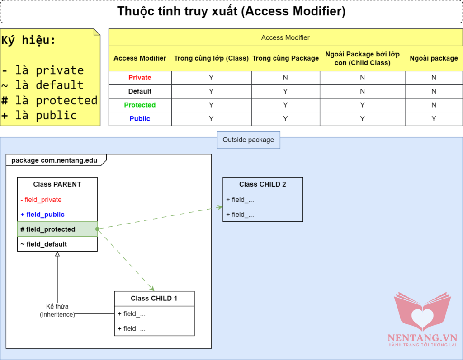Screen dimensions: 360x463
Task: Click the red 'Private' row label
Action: [x=140, y=78]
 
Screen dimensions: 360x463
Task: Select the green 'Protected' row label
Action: [x=140, y=105]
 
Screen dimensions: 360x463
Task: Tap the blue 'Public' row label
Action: [x=140, y=118]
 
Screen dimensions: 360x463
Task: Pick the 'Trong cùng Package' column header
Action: [x=285, y=58]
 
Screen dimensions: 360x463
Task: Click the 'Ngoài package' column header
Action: [x=434, y=58]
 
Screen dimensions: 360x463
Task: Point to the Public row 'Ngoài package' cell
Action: [x=434, y=118]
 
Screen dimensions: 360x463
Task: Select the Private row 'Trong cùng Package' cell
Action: [x=285, y=78]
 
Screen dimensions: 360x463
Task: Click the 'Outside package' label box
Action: [x=248, y=140]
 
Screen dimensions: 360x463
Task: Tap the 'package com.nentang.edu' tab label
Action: [x=54, y=160]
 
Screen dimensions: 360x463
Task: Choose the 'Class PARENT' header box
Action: [x=57, y=184]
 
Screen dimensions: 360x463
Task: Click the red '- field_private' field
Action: [x=41, y=200]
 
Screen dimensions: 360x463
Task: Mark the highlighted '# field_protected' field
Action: [x=48, y=229]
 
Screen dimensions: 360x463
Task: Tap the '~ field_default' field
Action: [x=44, y=244]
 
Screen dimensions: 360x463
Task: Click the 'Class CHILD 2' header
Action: [x=263, y=184]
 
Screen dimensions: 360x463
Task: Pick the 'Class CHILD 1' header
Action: [x=154, y=299]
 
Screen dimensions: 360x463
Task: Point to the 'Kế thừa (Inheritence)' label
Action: [x=57, y=310]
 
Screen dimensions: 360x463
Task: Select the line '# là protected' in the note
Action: [x=50, y=100]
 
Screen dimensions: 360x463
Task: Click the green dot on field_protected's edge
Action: [x=97, y=229]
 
